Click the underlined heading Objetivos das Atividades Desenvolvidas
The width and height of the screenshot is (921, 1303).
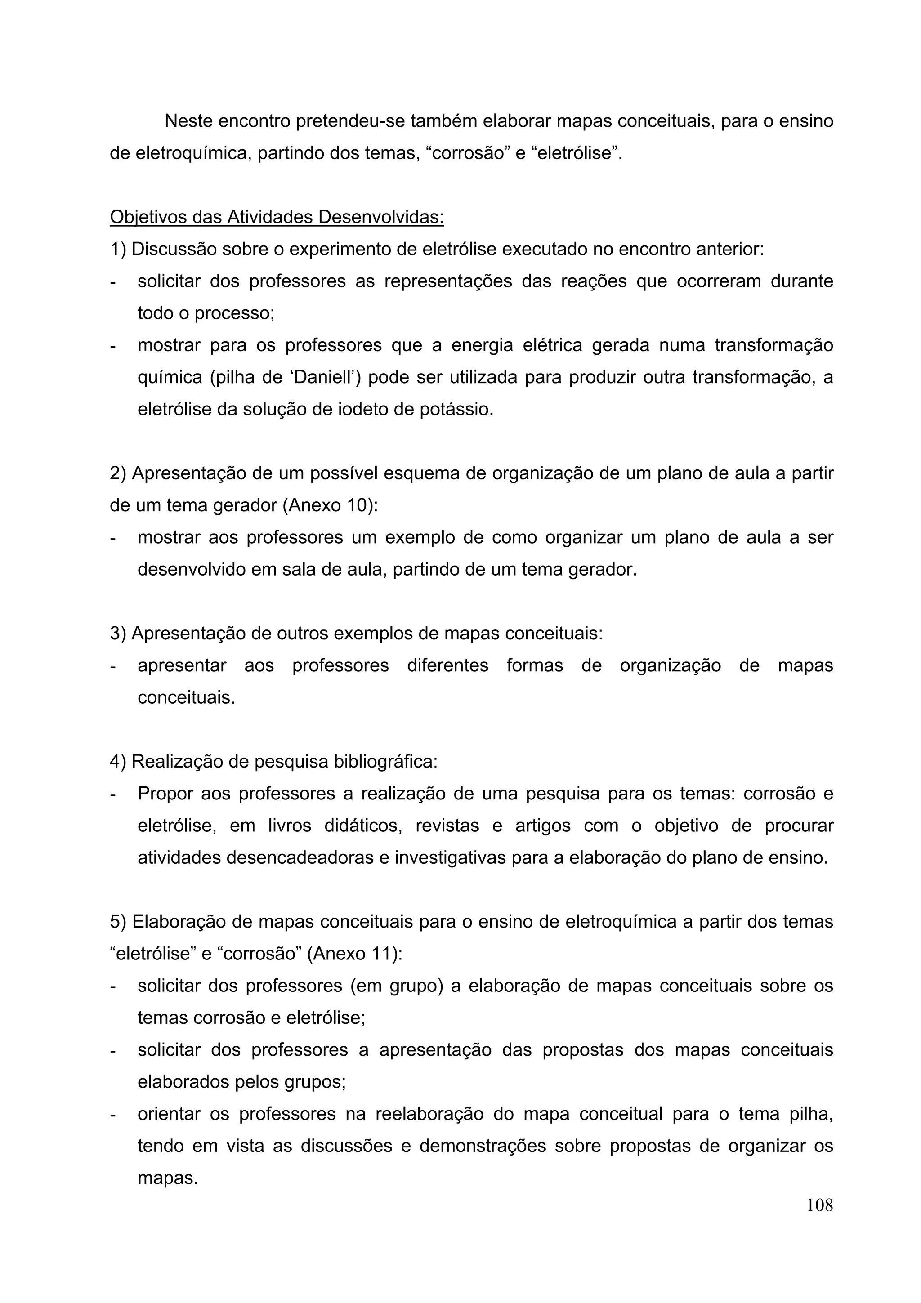277,217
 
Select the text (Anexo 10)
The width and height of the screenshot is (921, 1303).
330,505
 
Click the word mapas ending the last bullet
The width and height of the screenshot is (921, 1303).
167,1178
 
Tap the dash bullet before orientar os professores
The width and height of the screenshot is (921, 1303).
113,1115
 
